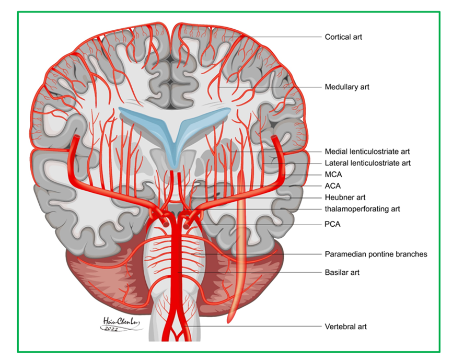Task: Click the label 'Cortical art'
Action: click(x=343, y=37)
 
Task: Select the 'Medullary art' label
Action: click(x=346, y=87)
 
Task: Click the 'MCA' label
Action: click(x=333, y=175)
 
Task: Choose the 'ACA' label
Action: click(x=332, y=186)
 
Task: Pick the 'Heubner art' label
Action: click(x=344, y=198)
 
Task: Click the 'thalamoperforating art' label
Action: click(x=362, y=208)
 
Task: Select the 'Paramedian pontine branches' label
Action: click(x=376, y=254)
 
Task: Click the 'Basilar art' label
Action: click(x=342, y=272)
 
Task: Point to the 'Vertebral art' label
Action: click(x=345, y=327)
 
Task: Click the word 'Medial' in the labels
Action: click(x=335, y=152)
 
